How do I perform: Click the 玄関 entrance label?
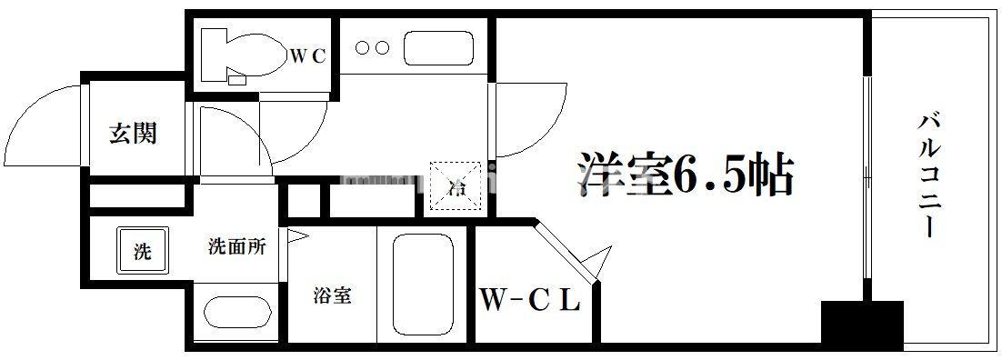point(133,134)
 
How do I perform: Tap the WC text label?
point(307,55)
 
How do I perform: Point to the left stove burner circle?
point(361,47)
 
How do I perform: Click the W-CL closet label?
point(529,301)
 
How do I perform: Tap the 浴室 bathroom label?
point(332,295)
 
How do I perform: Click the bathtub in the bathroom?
point(421,284)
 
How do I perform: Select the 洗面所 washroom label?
point(236,246)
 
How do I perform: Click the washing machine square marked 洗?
point(142,252)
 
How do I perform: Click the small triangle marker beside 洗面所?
point(296,237)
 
